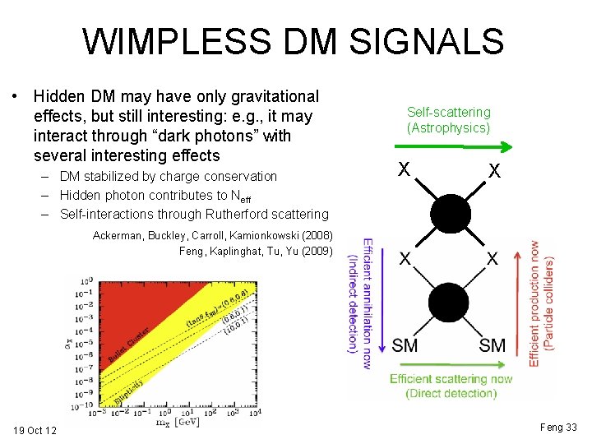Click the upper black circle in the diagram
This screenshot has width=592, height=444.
point(448,215)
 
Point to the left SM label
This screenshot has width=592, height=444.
point(405,345)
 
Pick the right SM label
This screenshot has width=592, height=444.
point(492,345)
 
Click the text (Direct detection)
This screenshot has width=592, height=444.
point(451,393)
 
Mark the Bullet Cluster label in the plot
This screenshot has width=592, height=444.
point(132,349)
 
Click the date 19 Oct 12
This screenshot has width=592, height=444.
point(35,430)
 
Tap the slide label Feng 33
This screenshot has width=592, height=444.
point(558,427)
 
